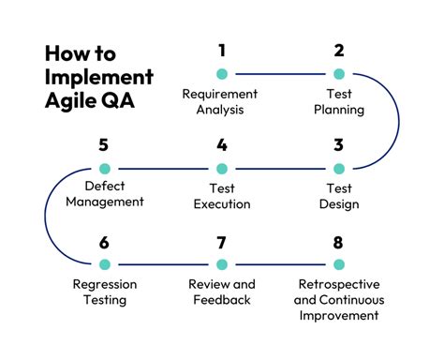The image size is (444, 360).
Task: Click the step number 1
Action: [x=221, y=51]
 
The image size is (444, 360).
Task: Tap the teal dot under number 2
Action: [x=338, y=73]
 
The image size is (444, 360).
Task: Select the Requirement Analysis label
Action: [x=221, y=102]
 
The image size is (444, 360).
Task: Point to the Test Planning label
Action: [x=338, y=102]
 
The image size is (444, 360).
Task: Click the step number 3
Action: [x=338, y=145]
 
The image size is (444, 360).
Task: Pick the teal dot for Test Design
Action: [x=338, y=169]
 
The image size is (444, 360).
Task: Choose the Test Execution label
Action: [x=221, y=197]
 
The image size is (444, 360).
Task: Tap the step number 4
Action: [x=221, y=145]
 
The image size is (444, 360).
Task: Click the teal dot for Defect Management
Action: [x=104, y=169]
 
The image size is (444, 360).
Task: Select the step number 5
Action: [x=104, y=145]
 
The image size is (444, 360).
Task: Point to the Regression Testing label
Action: [x=104, y=292]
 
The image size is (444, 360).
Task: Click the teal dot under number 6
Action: [x=104, y=264]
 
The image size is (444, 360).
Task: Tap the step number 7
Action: [x=221, y=243]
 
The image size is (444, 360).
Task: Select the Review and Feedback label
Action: [x=221, y=292]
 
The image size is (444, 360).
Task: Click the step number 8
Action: [x=338, y=243]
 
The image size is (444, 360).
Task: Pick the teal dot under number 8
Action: [x=338, y=264]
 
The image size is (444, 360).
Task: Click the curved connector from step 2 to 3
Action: [x=397, y=121]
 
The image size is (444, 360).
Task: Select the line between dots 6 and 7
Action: [x=162, y=264]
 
